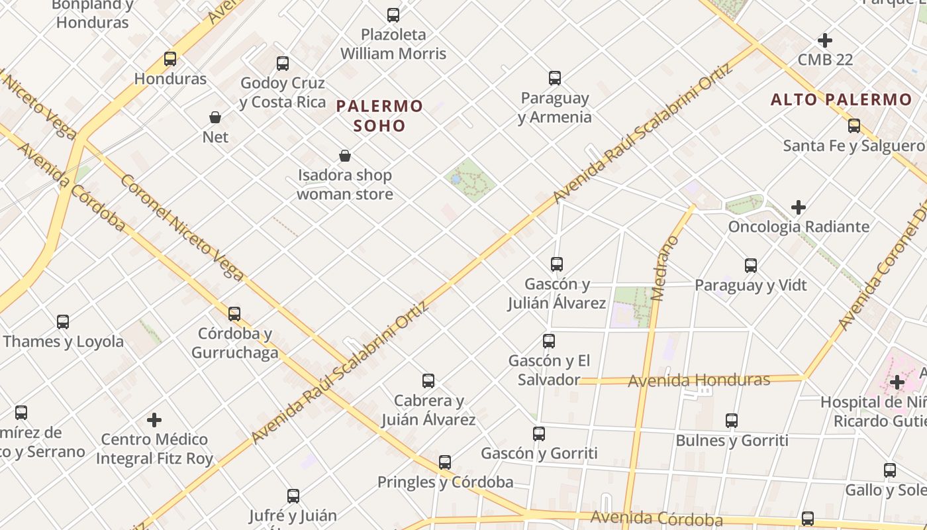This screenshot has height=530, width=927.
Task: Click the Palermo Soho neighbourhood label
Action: pyautogui.click(x=379, y=115)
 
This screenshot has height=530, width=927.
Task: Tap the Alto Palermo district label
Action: pyautogui.click(x=841, y=100)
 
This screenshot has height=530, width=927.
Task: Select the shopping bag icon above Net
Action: pyautogui.click(x=215, y=118)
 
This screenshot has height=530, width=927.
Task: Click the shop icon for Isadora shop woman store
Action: pyautogui.click(x=345, y=156)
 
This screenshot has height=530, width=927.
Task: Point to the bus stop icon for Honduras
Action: pyautogui.click(x=170, y=59)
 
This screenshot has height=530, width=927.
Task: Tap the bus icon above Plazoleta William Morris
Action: pyautogui.click(x=393, y=15)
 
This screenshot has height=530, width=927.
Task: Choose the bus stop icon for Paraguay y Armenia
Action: pyautogui.click(x=555, y=78)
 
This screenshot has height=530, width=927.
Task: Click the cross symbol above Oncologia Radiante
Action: pyautogui.click(x=799, y=207)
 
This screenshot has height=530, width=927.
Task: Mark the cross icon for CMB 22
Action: pyautogui.click(x=825, y=40)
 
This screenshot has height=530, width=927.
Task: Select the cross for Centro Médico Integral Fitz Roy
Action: pyautogui.click(x=154, y=420)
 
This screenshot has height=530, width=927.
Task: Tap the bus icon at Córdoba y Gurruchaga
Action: pyautogui.click(x=234, y=314)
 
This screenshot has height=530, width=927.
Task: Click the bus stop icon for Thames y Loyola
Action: pyautogui.click(x=63, y=322)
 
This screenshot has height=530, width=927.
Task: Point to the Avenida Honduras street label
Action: pyautogui.click(x=699, y=380)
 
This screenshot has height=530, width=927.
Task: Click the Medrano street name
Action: pyautogui.click(x=665, y=268)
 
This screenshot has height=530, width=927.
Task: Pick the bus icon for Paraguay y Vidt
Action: pyautogui.click(x=751, y=266)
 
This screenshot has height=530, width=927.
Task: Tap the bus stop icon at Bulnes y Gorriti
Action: pyautogui.click(x=732, y=421)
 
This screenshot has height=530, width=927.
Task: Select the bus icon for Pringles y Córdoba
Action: pyautogui.click(x=445, y=462)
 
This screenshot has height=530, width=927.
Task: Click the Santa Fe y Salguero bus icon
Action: pyautogui.click(x=854, y=126)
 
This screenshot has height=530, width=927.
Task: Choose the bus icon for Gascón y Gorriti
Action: pyautogui.click(x=539, y=434)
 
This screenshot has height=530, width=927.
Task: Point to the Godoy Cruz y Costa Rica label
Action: pyautogui.click(x=283, y=93)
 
